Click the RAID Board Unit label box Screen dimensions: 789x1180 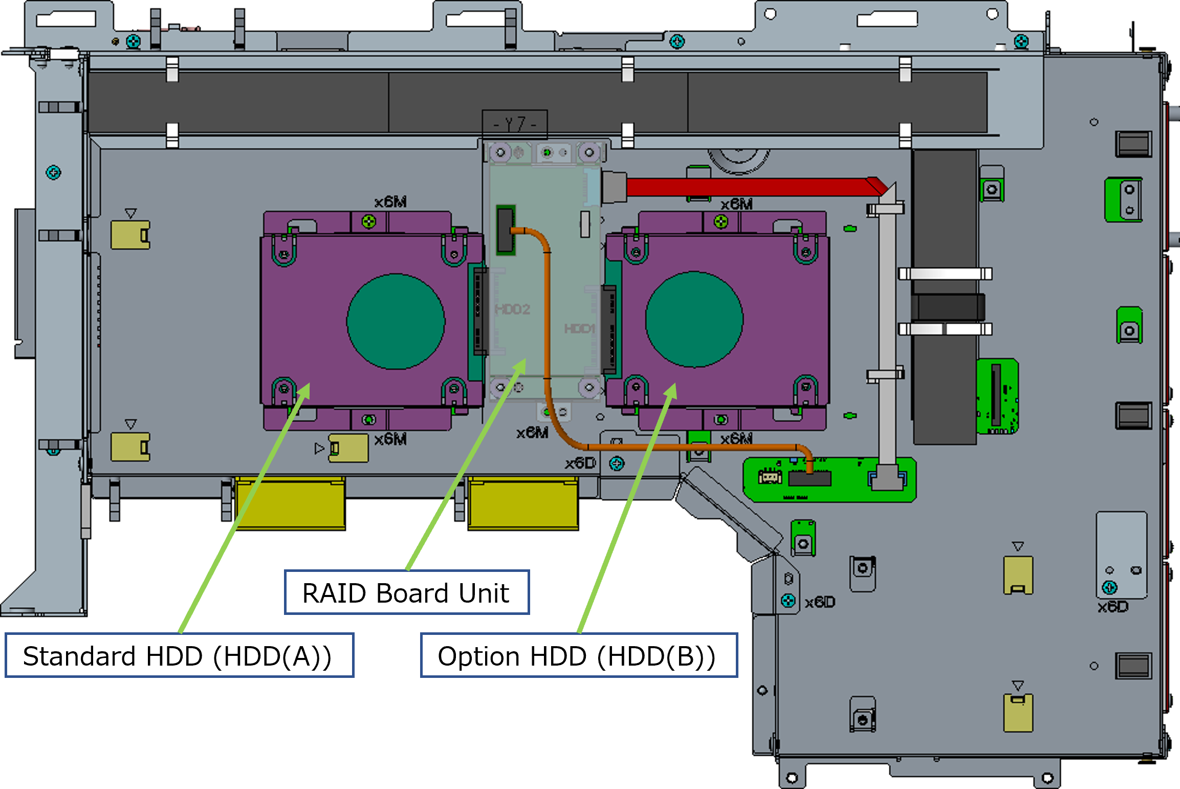click(407, 592)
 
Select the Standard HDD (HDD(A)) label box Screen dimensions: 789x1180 click(179, 656)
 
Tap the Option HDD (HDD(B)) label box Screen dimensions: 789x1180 click(579, 656)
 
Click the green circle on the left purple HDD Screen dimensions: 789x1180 click(396, 322)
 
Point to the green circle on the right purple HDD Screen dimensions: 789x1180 click(694, 319)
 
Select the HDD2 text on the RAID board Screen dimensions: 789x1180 click(512, 309)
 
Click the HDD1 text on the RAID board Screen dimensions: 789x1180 click(580, 328)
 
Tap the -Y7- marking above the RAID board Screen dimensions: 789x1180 click(515, 124)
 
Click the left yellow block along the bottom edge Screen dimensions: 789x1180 click(290, 503)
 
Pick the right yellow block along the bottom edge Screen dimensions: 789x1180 click(523, 503)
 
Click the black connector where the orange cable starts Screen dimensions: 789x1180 click(506, 230)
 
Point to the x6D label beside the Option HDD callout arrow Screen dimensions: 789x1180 click(580, 463)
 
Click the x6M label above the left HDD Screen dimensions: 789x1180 click(390, 202)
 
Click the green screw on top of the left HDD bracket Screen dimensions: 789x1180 click(369, 222)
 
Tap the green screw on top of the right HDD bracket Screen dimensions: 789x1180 click(721, 222)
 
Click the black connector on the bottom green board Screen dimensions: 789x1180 click(810, 479)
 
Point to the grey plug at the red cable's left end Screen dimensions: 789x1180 click(614, 187)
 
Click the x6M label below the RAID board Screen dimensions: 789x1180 click(532, 433)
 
